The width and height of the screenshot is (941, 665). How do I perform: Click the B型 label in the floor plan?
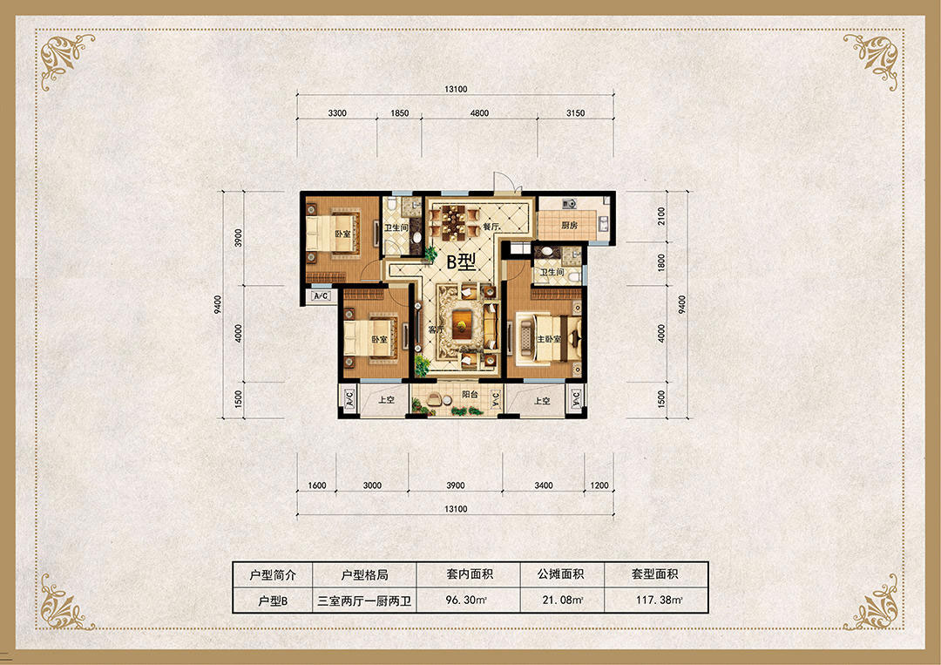coord(461,261)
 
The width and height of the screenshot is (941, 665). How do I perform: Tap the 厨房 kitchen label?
coord(569,226)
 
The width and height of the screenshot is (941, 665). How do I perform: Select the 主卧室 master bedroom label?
coord(549,339)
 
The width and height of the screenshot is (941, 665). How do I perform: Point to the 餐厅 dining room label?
coord(491,227)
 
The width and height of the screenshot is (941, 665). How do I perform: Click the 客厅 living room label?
coord(437,330)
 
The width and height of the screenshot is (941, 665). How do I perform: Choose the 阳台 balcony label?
coord(470,395)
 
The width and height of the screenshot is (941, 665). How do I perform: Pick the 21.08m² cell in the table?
coord(562,599)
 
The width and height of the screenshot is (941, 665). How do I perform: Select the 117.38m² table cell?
coord(659,599)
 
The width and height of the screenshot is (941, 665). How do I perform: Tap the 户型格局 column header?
coord(364,575)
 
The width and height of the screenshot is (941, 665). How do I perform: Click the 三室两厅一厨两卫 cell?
coord(364,601)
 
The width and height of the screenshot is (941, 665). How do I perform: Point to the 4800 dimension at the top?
coord(479,112)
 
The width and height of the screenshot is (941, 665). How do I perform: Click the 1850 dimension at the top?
coord(399,112)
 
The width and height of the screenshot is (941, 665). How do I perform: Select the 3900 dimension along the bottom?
coord(456,485)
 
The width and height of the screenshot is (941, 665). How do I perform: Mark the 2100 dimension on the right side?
coord(661,216)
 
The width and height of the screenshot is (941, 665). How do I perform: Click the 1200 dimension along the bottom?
coord(599,485)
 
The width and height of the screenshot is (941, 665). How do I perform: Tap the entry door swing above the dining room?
coord(503,182)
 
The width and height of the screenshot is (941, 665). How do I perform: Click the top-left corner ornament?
coord(64,58)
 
